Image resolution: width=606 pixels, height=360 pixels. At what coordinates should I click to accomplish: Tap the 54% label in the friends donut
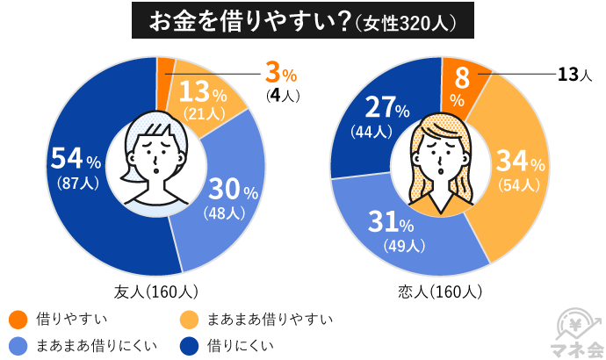tap(76, 159)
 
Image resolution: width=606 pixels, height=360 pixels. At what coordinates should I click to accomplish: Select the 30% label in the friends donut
tap(231, 189)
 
